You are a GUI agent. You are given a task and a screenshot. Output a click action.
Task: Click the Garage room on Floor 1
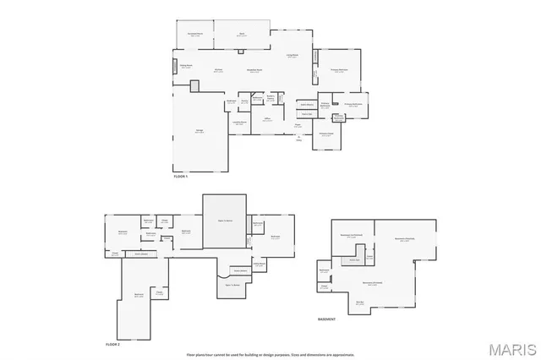pos(200,131)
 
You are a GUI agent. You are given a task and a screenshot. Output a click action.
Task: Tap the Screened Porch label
pos(194,35)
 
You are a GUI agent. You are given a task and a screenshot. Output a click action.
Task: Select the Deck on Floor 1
pos(241,35)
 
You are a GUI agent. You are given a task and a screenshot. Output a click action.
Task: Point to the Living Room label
pos(292,57)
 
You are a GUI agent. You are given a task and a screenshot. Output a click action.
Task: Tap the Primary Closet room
pos(325,134)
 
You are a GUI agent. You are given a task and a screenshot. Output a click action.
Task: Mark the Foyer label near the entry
pos(298,125)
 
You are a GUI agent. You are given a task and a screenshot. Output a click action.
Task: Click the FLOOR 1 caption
pos(181,176)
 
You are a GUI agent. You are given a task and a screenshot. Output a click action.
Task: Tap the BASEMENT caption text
pos(326,319)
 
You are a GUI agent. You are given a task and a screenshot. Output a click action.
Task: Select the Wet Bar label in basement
pos(359,302)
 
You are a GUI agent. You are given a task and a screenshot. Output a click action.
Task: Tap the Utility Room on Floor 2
pos(260,265)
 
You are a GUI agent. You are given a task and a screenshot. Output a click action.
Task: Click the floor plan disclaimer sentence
pos(270,352)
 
